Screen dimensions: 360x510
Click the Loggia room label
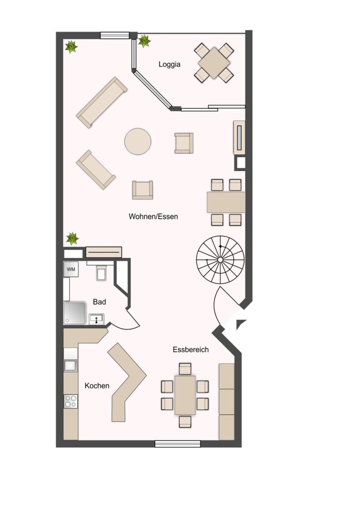(x=169, y=64)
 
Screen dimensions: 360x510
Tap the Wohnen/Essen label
(x=153, y=217)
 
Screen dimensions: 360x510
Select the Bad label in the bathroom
(x=100, y=302)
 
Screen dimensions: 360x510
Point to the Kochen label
(x=97, y=386)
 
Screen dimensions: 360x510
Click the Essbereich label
(x=191, y=349)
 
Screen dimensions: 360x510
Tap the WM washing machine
(x=71, y=269)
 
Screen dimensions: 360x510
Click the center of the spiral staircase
(x=220, y=260)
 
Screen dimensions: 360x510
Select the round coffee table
(x=138, y=142)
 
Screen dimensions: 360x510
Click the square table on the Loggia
(x=214, y=63)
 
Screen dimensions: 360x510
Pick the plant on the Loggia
(x=144, y=41)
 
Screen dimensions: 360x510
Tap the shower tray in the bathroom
(x=75, y=313)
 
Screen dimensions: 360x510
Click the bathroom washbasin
(x=97, y=319)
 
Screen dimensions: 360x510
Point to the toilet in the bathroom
(x=101, y=272)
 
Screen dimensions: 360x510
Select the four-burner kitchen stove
(x=71, y=401)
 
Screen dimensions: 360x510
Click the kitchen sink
(x=70, y=365)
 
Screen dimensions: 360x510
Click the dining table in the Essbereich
(x=185, y=395)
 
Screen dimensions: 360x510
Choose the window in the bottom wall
(x=177, y=443)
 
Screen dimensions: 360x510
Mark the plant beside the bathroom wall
(x=72, y=238)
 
